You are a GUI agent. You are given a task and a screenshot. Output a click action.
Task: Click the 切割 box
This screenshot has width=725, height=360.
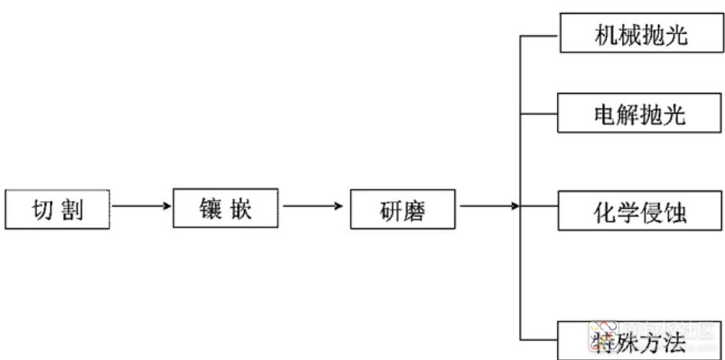click(x=58, y=209)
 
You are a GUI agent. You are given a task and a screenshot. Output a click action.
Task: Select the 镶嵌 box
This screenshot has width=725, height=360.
click(x=226, y=208)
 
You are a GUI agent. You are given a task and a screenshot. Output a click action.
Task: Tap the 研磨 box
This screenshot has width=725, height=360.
click(x=403, y=209)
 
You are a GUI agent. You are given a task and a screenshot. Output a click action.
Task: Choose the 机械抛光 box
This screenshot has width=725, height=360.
click(x=642, y=32)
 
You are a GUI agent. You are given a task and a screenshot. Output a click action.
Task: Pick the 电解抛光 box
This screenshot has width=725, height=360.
click(x=640, y=112)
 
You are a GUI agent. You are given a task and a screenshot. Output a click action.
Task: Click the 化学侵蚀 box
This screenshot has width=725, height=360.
click(x=640, y=210)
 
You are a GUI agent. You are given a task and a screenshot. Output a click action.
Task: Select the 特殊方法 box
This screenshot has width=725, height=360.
click(x=641, y=340)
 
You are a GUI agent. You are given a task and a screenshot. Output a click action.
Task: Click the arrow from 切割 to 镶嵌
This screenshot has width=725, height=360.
click(x=141, y=206)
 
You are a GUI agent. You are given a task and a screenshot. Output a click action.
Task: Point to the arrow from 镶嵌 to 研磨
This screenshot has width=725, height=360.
click(x=313, y=206)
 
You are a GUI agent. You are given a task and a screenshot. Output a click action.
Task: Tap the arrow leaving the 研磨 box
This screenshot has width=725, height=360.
click(x=489, y=206)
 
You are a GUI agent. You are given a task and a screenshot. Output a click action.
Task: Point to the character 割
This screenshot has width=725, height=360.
click(x=71, y=210)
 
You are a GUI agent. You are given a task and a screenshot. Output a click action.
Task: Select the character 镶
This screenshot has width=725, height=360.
click(x=210, y=209)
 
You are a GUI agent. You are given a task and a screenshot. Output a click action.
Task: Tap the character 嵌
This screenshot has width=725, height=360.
click(x=240, y=209)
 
